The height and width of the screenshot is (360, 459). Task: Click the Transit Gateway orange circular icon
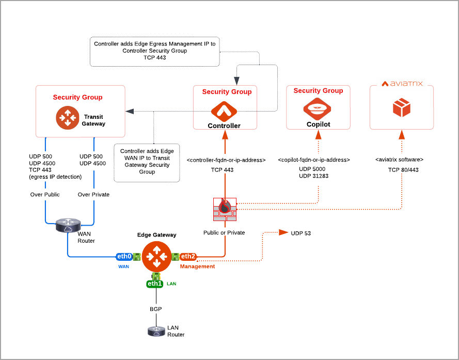[67, 117]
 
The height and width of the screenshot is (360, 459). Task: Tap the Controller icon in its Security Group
[224, 111]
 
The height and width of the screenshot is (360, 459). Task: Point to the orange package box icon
[401, 108]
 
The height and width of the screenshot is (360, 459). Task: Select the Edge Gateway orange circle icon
[156, 257]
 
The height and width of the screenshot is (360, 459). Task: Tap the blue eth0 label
[124, 256]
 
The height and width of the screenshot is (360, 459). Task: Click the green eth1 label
[155, 284]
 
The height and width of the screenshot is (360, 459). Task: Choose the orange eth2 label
[188, 256]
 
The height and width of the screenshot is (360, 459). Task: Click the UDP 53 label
[301, 233]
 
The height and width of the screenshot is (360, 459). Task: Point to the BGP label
[156, 309]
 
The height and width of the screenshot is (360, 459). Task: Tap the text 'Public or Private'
[224, 232]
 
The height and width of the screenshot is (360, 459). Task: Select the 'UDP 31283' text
[314, 176]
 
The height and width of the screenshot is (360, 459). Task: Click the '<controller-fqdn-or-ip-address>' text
[226, 160]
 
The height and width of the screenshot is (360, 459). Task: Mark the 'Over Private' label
[93, 195]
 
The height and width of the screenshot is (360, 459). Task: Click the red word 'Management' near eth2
[197, 267]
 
